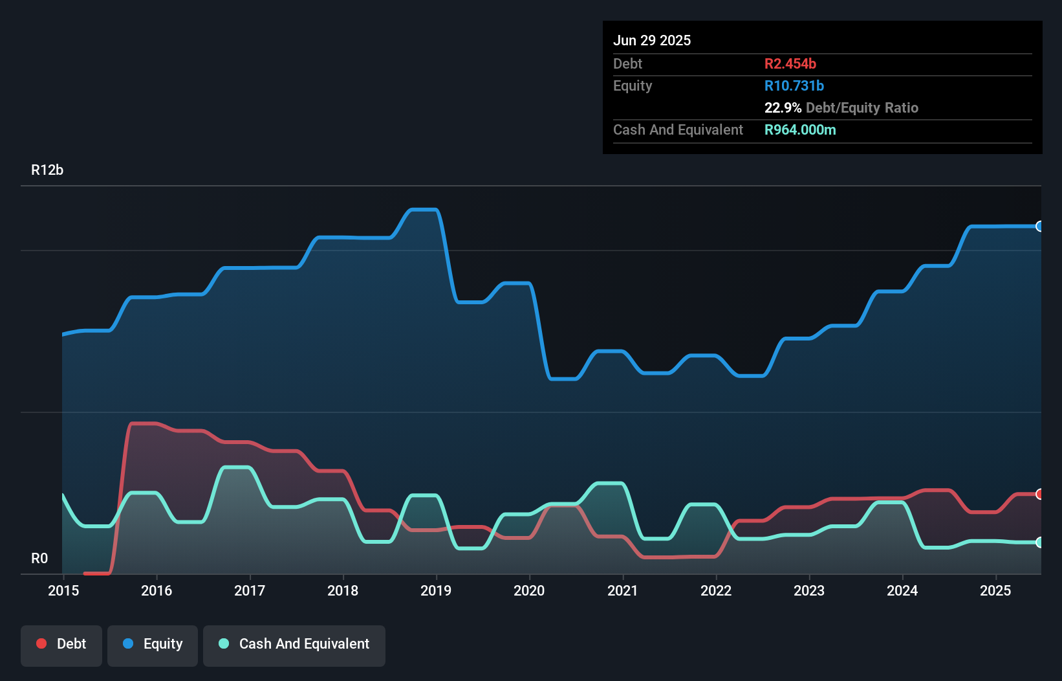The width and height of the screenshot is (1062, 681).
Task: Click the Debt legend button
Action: (x=61, y=645)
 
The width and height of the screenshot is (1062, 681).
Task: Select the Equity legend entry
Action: (x=153, y=645)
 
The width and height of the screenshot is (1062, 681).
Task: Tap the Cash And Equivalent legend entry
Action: (x=294, y=645)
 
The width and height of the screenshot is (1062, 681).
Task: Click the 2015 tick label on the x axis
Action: (x=63, y=590)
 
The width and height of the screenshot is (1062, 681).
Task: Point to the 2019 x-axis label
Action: (x=436, y=590)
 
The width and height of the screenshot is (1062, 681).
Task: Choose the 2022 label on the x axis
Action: (x=716, y=590)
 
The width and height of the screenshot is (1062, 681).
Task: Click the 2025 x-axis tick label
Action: (x=995, y=590)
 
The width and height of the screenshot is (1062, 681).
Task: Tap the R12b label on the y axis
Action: (x=47, y=170)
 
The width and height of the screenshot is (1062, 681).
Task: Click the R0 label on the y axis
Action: (x=39, y=558)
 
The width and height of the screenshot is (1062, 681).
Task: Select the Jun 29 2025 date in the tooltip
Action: (x=652, y=40)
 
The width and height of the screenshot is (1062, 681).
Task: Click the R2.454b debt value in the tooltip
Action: (x=790, y=63)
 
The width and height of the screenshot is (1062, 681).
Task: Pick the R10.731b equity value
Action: (x=794, y=85)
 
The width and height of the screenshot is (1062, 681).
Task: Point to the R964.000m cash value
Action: (x=800, y=129)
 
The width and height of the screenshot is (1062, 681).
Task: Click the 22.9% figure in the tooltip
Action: (x=783, y=107)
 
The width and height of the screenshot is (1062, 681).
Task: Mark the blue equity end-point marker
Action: (x=1039, y=226)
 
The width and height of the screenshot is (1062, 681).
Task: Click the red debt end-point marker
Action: (x=1039, y=494)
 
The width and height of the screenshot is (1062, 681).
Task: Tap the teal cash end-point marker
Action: (x=1039, y=542)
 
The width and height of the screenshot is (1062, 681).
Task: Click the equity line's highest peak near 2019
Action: (x=424, y=210)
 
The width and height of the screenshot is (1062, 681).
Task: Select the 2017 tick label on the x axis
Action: (x=250, y=590)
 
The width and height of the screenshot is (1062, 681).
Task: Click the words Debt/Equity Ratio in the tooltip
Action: (x=862, y=107)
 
